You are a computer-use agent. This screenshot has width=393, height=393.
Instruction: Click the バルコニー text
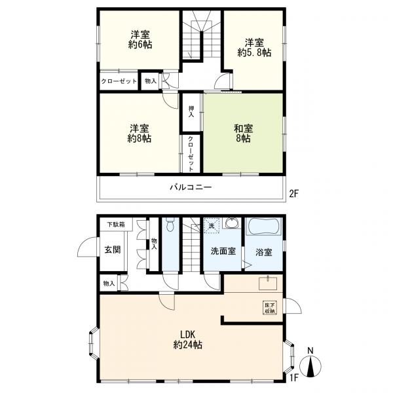coord(191,187)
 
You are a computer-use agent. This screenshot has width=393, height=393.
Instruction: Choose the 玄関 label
coord(111,250)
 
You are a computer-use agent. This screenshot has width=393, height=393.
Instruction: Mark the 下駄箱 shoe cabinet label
coord(119,225)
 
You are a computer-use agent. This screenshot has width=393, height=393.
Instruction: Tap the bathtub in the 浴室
coord(263,228)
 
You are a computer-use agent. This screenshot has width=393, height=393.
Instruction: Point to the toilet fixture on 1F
coord(170,227)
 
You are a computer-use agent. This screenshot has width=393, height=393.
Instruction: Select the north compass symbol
coord(310,363)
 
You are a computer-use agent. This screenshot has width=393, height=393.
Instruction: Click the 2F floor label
coord(293,193)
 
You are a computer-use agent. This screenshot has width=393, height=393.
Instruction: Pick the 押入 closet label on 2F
coord(191,111)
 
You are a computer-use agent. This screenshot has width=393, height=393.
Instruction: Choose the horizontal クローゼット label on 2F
coord(119,82)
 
